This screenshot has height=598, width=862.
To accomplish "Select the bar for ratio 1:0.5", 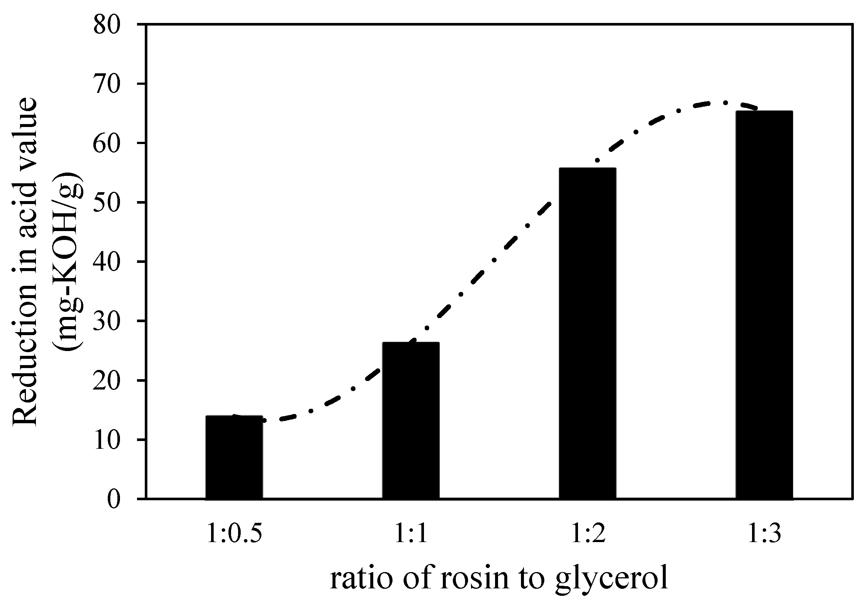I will [234, 457].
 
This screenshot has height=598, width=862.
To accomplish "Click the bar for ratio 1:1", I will [411, 420].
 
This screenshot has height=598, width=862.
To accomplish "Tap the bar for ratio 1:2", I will [587, 334].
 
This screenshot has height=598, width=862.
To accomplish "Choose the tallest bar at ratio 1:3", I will [764, 305].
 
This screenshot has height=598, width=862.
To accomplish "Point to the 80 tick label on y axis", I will [107, 26].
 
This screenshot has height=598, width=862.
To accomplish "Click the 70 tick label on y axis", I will [107, 85].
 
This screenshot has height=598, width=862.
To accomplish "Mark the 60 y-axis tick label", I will [107, 144].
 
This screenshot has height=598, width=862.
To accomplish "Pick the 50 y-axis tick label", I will [107, 203].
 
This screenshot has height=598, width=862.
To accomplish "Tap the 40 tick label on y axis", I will [107, 262].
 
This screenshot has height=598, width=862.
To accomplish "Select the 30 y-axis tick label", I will [107, 321].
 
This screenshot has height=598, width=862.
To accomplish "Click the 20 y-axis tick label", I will [107, 381].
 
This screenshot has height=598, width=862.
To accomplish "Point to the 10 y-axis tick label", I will [107, 440].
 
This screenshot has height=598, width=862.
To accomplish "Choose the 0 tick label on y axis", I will [114, 500].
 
